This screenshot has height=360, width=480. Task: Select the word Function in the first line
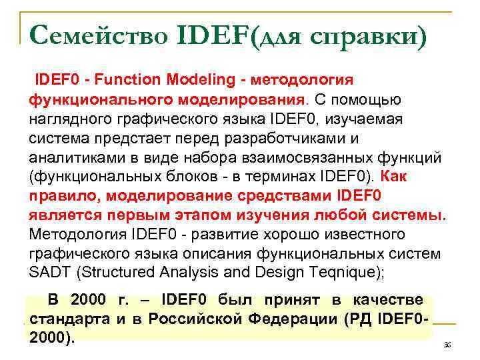(x=123, y=81)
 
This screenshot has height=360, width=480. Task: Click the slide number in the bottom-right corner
(x=447, y=345)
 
